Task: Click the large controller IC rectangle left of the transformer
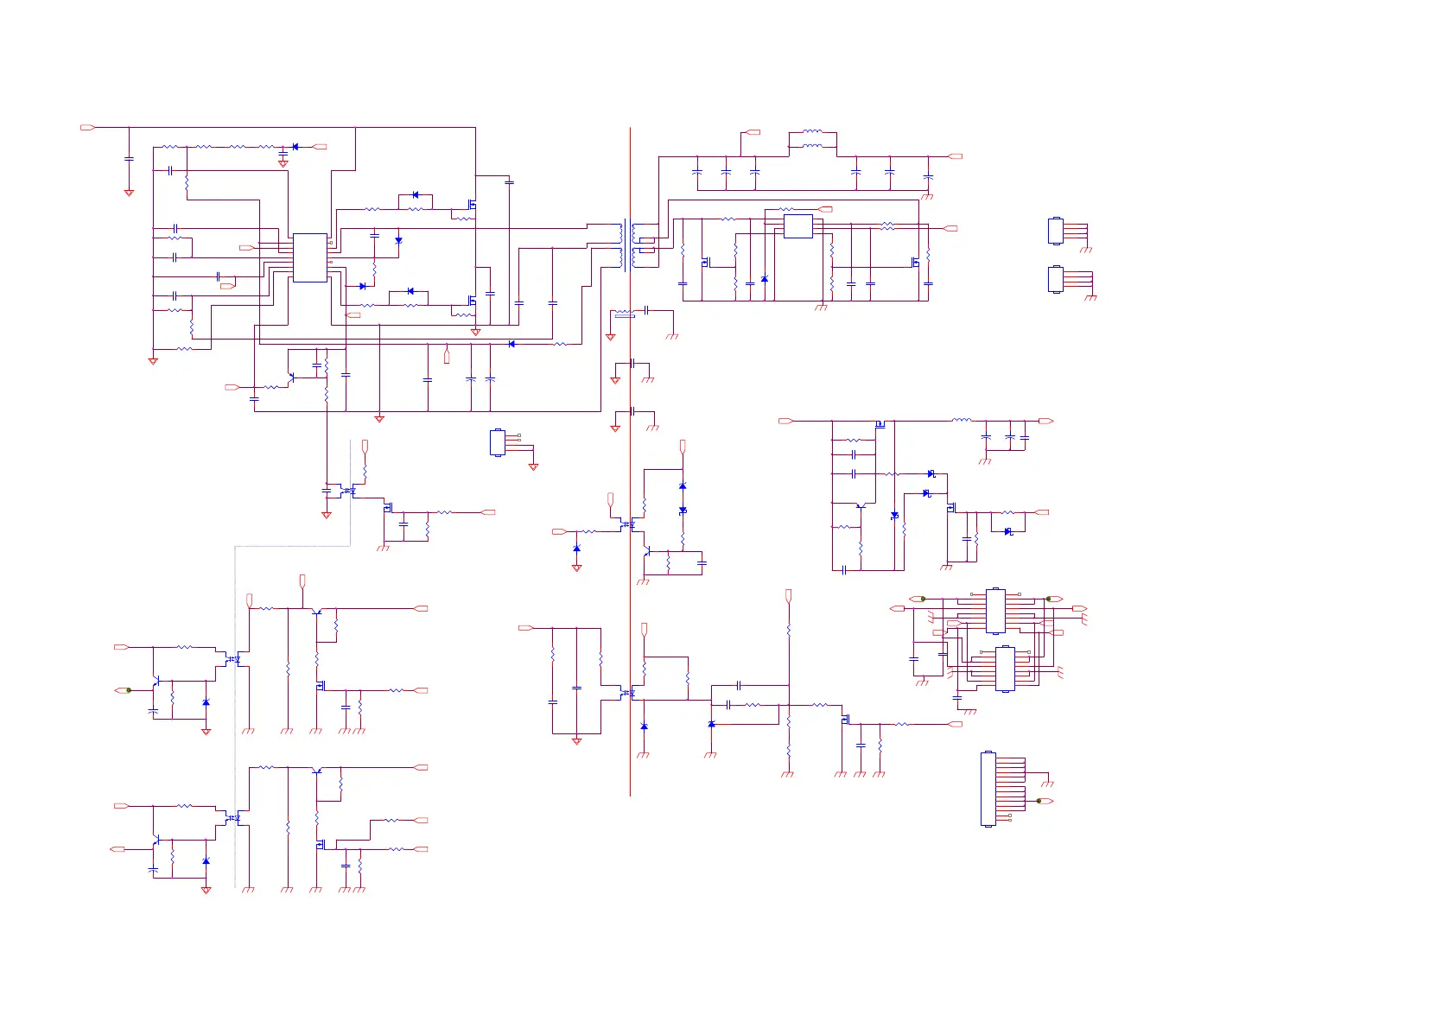(x=310, y=257)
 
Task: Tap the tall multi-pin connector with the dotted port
(x=988, y=790)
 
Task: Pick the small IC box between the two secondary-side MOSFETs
(x=798, y=226)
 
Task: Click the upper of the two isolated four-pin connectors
(x=1055, y=231)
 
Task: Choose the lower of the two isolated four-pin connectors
(x=1055, y=279)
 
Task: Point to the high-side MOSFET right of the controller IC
(x=472, y=205)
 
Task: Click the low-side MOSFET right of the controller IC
(x=472, y=301)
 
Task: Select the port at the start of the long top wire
(x=87, y=128)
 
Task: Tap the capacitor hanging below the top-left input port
(x=129, y=159)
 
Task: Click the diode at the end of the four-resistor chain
(x=295, y=147)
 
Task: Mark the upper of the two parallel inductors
(x=812, y=132)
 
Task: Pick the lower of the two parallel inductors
(x=812, y=146)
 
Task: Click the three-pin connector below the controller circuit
(x=498, y=442)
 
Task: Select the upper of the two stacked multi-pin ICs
(x=995, y=611)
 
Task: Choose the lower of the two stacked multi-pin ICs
(x=1005, y=669)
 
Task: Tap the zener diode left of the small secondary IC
(x=765, y=279)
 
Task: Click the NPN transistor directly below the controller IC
(x=291, y=378)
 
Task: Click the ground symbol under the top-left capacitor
(x=129, y=193)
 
